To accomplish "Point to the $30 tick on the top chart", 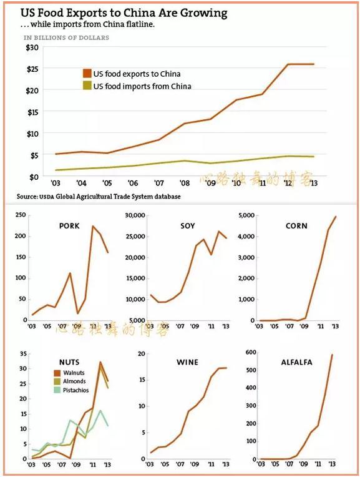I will point(32,47).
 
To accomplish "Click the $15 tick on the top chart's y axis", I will point(32,112).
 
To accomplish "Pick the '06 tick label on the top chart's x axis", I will point(133,184).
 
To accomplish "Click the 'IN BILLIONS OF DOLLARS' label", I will point(66,38).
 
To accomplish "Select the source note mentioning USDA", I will point(99,197).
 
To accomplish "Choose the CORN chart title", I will point(296,225).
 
